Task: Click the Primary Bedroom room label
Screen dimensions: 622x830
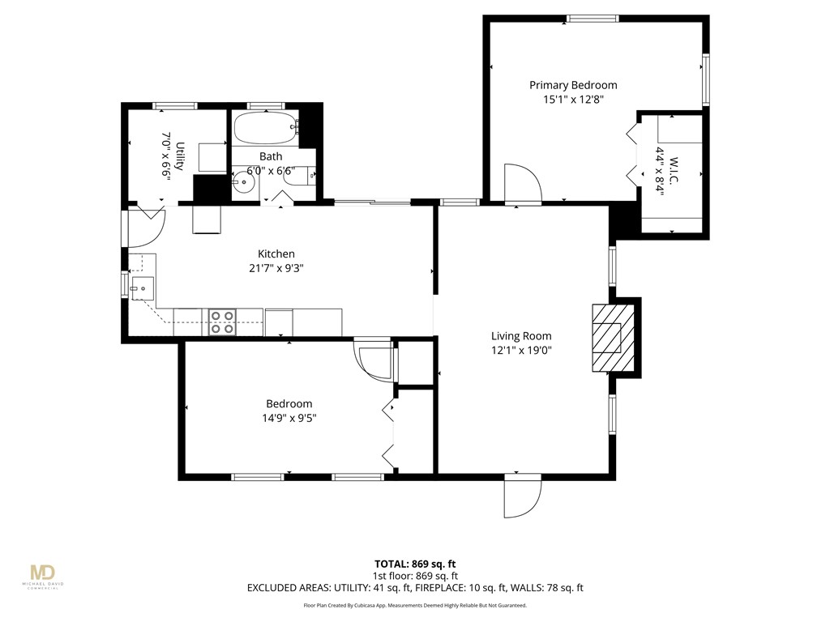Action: [x=573, y=85]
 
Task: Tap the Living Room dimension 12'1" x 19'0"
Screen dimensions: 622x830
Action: [x=521, y=351]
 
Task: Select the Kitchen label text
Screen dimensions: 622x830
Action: [x=276, y=253]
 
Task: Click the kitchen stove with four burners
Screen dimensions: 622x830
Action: [x=222, y=322]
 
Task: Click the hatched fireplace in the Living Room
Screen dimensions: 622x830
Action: [x=607, y=338]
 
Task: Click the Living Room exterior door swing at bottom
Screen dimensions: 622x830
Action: [x=520, y=496]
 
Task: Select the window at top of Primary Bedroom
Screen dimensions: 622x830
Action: [x=593, y=18]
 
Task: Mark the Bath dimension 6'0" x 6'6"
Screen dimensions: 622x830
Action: [x=271, y=171]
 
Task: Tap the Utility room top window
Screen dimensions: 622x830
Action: [x=175, y=105]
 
